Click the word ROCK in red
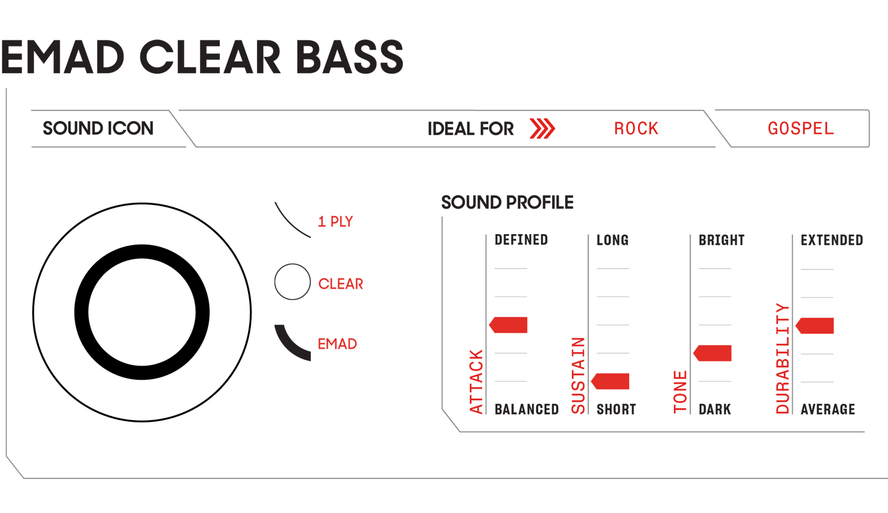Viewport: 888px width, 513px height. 636,129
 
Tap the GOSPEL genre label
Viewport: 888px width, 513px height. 800,129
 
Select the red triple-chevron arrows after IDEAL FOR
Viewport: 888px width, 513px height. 542,129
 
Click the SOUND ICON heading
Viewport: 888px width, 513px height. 98,129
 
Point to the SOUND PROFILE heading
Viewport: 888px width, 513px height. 507,202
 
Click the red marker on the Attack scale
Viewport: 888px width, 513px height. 509,325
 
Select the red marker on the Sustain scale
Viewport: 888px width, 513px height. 611,382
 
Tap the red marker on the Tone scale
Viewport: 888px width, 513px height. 713,353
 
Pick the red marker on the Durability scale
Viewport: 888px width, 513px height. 815,326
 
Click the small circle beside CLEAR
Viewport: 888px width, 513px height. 292,282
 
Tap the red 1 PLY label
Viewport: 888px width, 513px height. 336,222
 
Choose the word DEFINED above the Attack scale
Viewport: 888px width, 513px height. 521,240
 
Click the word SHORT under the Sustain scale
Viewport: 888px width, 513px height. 616,409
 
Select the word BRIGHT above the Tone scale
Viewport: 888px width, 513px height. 721,240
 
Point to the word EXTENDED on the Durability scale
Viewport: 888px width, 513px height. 831,240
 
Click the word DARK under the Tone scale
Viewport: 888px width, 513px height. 715,409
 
